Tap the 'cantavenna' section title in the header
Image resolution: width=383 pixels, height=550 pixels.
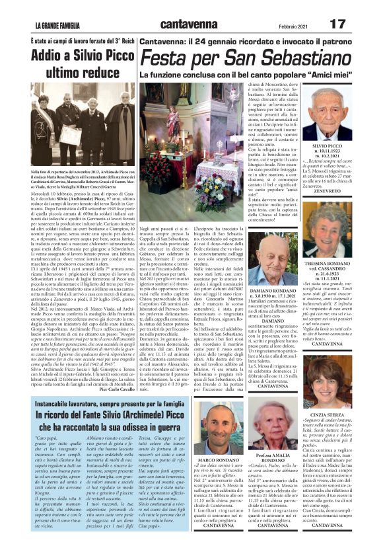click(189, 24)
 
